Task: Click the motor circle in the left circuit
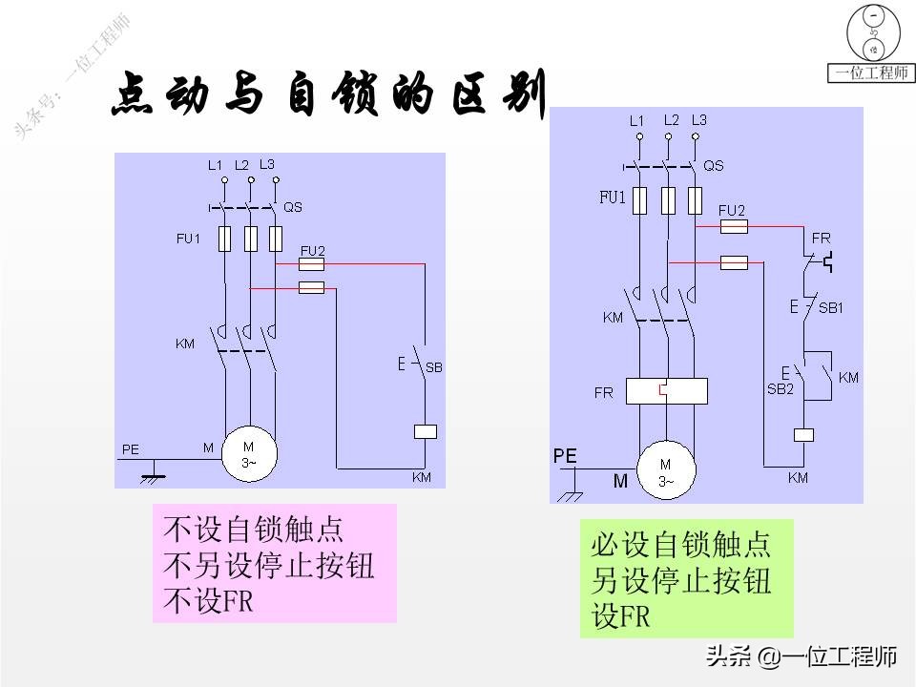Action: pyautogui.click(x=249, y=452)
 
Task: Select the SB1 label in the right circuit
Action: pyautogui.click(x=831, y=308)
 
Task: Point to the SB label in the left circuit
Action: pyautogui.click(x=433, y=366)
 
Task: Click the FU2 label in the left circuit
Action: pyautogui.click(x=313, y=251)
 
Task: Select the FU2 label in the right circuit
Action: pyautogui.click(x=731, y=210)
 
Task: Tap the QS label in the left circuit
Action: pyautogui.click(x=293, y=207)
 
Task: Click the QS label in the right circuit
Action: pyautogui.click(x=713, y=165)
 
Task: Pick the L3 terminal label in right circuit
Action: pyautogui.click(x=698, y=120)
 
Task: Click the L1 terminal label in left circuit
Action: pyautogui.click(x=216, y=165)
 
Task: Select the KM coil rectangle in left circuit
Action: pyautogui.click(x=425, y=431)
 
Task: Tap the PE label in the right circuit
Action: pyautogui.click(x=565, y=457)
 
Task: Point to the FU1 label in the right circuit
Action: pyautogui.click(x=612, y=198)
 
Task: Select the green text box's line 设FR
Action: pyautogui.click(x=621, y=617)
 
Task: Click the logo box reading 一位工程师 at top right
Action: pyautogui.click(x=871, y=73)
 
